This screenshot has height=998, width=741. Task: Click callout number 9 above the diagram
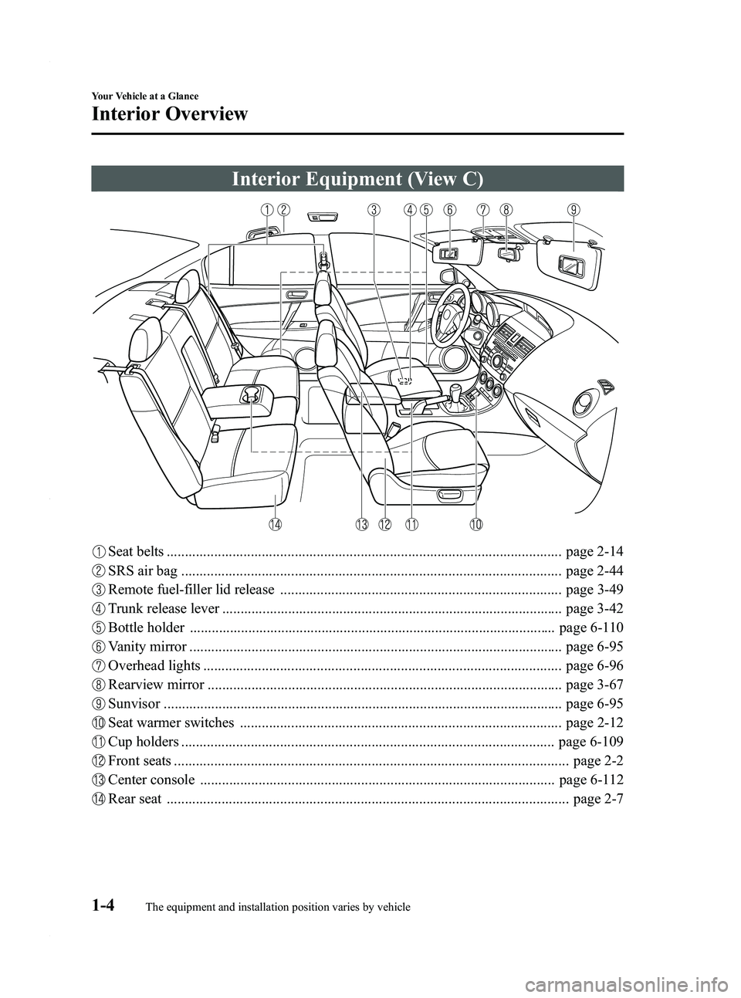pos(573,209)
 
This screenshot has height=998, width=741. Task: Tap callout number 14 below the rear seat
pos(275,524)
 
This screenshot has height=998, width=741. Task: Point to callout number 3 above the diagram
pos(374,209)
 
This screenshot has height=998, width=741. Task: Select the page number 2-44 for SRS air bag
pos(594,571)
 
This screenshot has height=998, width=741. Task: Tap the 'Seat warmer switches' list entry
pos(171,722)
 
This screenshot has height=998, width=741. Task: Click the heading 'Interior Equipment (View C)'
pos(357,179)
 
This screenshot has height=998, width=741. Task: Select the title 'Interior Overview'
pos(170,114)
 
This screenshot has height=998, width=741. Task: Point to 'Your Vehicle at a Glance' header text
pos(144,96)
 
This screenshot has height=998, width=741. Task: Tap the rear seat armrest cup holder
pos(249,395)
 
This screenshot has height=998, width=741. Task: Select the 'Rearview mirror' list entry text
pos(157,685)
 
